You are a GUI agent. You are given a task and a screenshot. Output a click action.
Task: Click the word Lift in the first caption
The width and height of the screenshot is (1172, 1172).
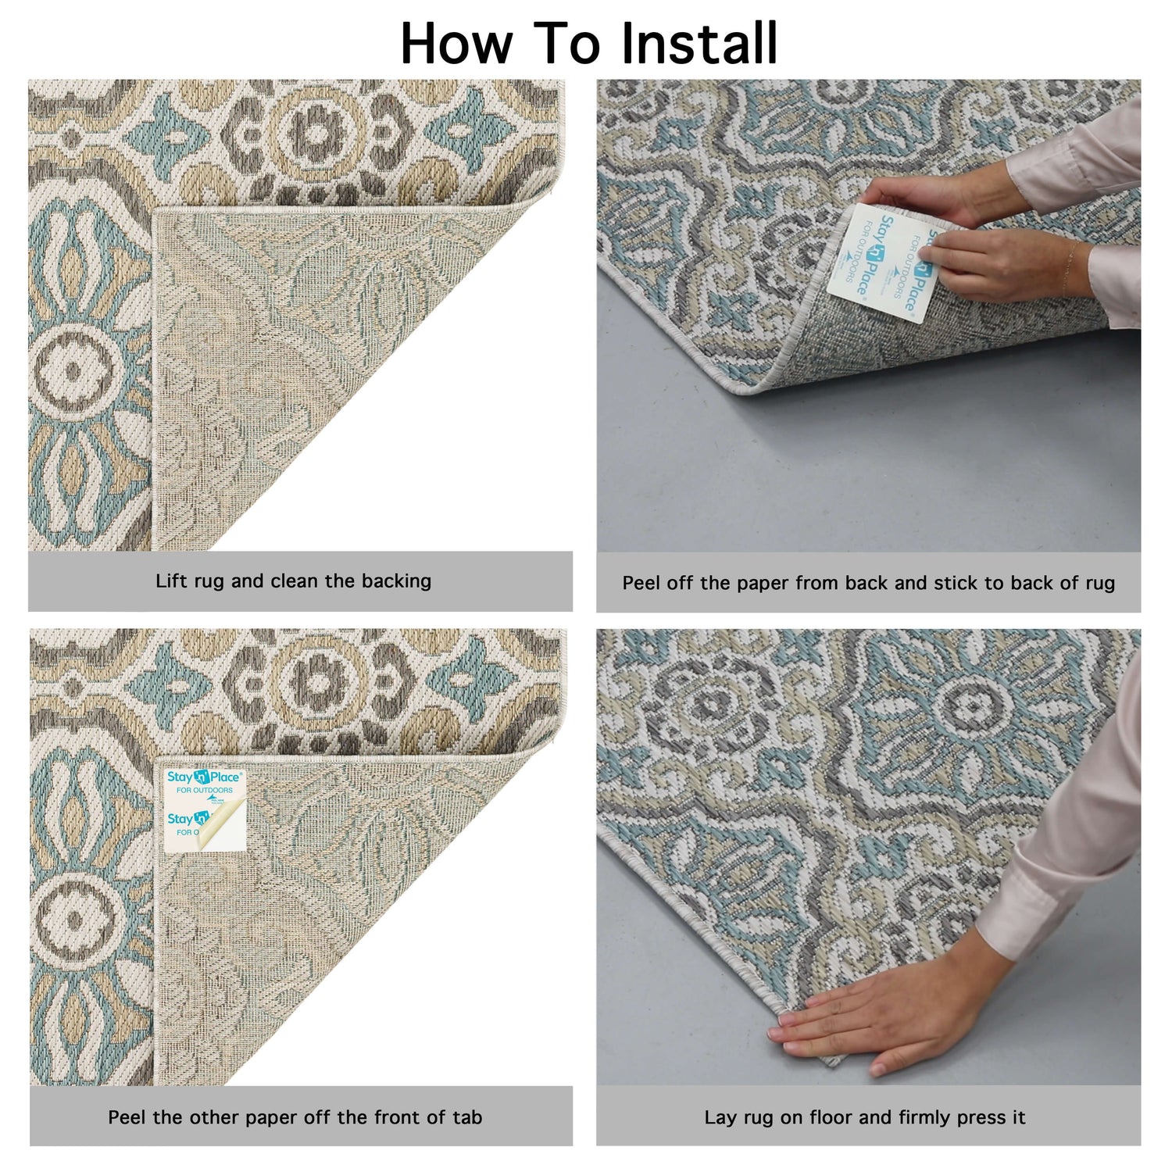click(171, 581)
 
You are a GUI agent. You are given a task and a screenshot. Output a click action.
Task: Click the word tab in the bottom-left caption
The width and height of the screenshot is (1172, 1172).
click(466, 1117)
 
